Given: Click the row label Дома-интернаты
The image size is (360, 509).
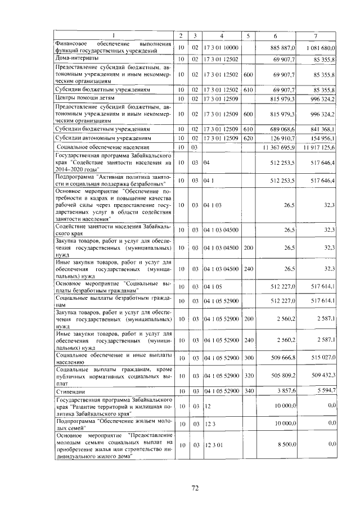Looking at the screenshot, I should (77, 58).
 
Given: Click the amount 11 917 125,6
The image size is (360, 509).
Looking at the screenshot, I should (319, 147).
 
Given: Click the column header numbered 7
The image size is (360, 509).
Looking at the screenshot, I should (317, 36).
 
